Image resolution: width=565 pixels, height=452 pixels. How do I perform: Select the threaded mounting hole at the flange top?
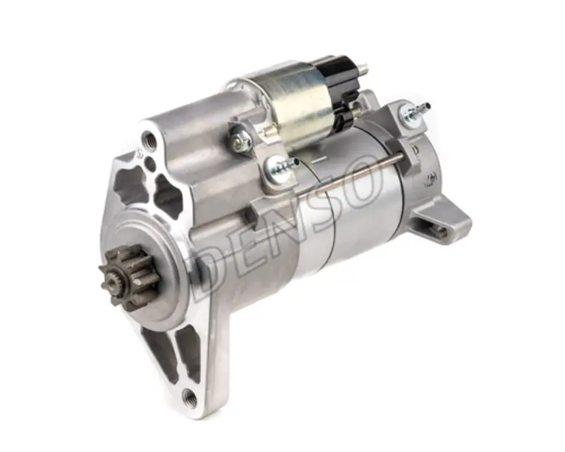click(x=148, y=139)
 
